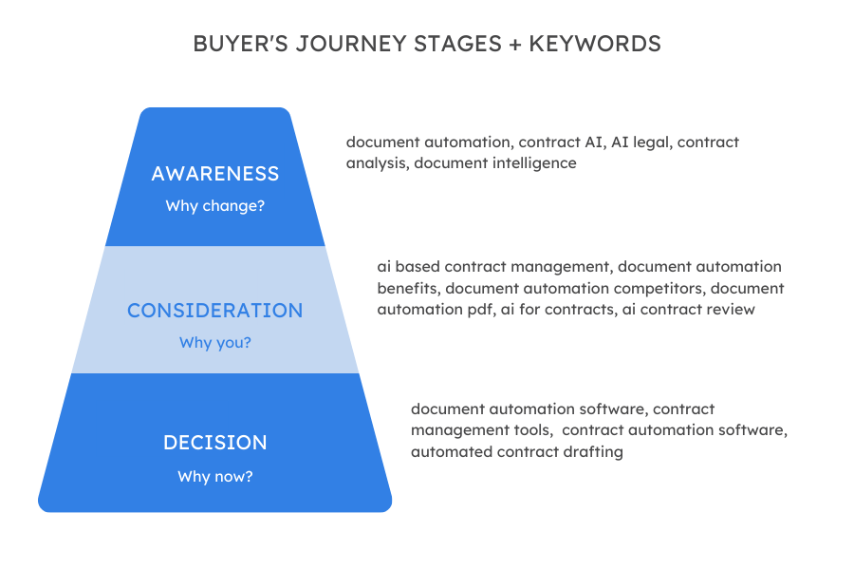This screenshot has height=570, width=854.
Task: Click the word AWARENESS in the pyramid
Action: tap(215, 174)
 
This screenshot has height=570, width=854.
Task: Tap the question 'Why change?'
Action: tap(215, 206)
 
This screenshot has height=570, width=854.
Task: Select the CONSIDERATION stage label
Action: tap(215, 311)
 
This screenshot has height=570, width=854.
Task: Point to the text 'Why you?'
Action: tap(215, 342)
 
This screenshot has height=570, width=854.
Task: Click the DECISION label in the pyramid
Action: tap(215, 443)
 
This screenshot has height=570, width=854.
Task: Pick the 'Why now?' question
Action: tap(215, 476)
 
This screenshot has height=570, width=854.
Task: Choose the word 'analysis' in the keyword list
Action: tap(376, 163)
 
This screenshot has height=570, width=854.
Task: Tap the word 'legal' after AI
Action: tap(647, 142)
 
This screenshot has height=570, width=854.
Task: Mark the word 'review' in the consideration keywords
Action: tap(731, 309)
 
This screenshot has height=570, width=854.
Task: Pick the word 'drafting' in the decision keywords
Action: tap(593, 452)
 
